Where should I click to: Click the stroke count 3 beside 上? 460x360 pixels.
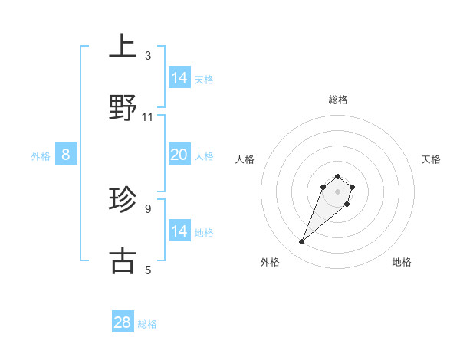coord(148,56)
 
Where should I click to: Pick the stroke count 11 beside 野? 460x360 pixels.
coord(148,117)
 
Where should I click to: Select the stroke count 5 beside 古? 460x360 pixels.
coord(148,270)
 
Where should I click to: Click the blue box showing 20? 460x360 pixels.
coord(179,155)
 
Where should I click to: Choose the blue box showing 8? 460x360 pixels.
coord(66,155)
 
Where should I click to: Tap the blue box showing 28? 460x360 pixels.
coord(123,322)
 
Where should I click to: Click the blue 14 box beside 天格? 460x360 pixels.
coord(179,77)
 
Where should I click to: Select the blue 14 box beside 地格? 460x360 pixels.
coord(179,231)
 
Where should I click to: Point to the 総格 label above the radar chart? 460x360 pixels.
coord(338,100)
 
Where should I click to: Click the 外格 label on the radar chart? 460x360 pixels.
coord(270,262)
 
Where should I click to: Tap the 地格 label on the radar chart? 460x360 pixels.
coord(402,262)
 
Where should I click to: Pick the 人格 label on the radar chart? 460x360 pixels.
coord(245,159)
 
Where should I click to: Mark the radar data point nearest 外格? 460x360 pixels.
coord(302,242)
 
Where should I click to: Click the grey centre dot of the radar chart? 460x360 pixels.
coord(337,191)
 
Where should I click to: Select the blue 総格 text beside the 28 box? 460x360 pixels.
coord(148,324)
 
